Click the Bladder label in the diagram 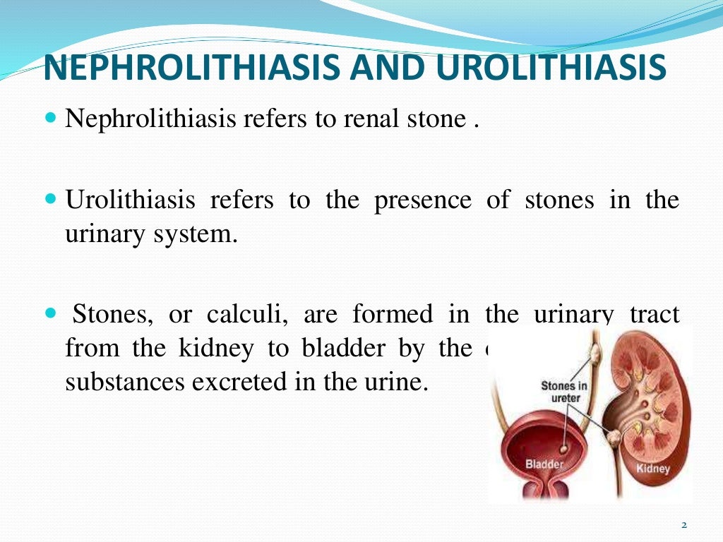(x=544, y=464)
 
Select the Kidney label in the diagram (x=653, y=468)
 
